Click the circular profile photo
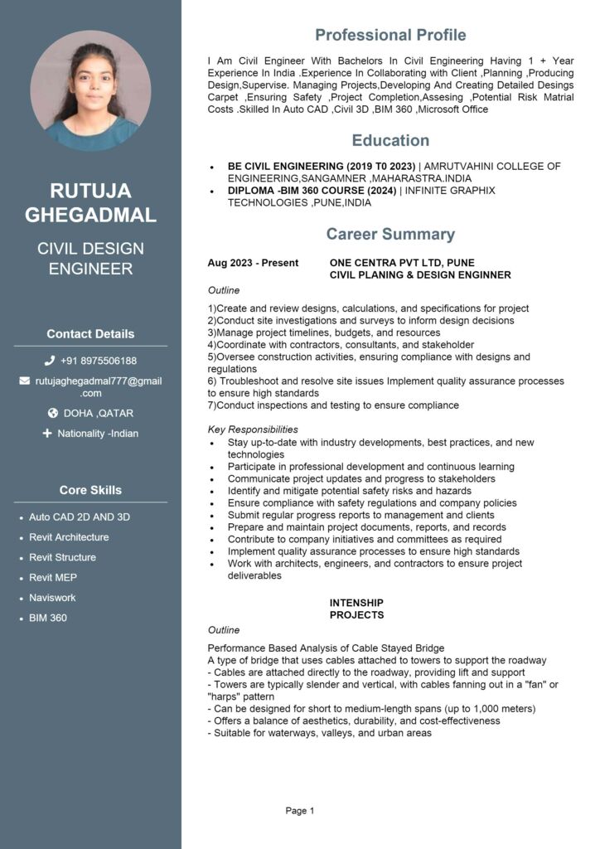[x=90, y=90]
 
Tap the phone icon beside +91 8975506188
[x=50, y=361]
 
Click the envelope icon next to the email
[x=24, y=381]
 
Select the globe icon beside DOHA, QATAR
[x=53, y=413]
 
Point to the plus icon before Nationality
[x=47, y=433]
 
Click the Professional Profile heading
[x=390, y=35]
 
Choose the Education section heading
[x=390, y=140]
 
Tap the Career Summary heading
[x=390, y=234]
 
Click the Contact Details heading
[x=90, y=334]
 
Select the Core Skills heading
[x=90, y=490]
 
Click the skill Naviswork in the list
[x=52, y=598]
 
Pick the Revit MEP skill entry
[x=53, y=577]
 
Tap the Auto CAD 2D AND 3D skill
[x=80, y=517]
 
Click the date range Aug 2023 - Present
[x=253, y=263]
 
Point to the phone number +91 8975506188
[x=99, y=361]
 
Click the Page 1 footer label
[x=300, y=811]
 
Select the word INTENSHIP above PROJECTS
[x=356, y=603]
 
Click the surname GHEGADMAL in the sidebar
[x=90, y=216]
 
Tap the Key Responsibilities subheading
[x=253, y=429]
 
